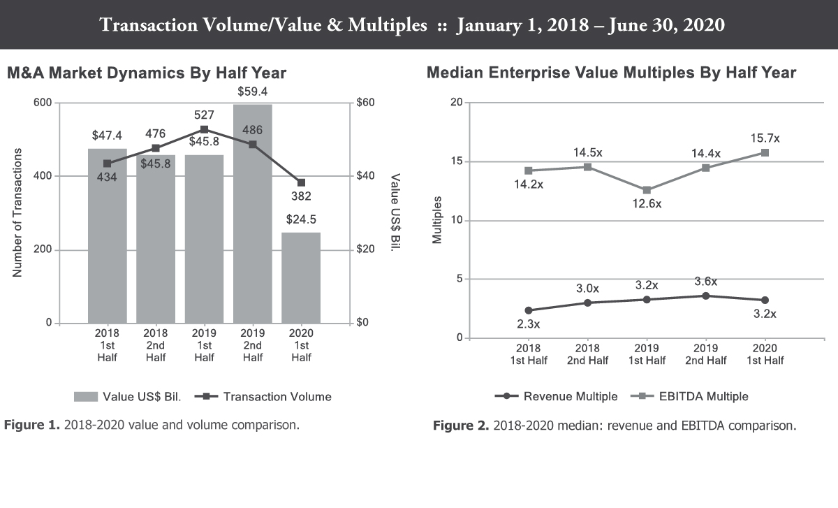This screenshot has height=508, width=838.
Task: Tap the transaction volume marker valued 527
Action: point(204,129)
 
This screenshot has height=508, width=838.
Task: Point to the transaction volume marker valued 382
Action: point(301,182)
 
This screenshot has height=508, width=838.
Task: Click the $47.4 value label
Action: point(107,134)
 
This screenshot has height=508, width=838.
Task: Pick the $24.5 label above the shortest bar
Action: point(301,219)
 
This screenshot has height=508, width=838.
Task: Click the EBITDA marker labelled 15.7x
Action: point(765,152)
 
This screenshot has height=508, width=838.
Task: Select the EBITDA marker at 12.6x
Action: point(647,190)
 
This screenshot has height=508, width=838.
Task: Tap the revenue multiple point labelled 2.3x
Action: point(529,310)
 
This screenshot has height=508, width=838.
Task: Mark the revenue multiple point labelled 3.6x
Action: point(706,296)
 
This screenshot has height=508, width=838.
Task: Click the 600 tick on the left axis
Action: point(43,103)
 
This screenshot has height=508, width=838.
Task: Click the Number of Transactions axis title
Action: point(17,212)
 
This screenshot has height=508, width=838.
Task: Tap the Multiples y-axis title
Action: point(437,220)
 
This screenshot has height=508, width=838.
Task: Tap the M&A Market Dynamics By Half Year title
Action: point(147,73)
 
